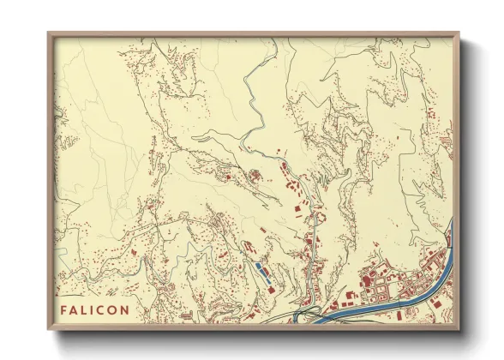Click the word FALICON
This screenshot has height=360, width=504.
coord(95,309)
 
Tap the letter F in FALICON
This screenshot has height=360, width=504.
coord(64,309)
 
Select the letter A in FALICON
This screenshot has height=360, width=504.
coord(75,309)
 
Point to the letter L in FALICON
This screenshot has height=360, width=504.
coord(85,309)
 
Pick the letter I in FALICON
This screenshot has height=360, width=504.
coord(93,309)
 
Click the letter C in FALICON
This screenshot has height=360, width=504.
coord(102,309)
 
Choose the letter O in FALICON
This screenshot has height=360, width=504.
coord(114,309)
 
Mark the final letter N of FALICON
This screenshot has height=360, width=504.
coord(126,309)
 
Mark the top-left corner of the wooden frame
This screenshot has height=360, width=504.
coord(49,33)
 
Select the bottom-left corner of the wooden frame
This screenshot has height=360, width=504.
coord(49,328)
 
